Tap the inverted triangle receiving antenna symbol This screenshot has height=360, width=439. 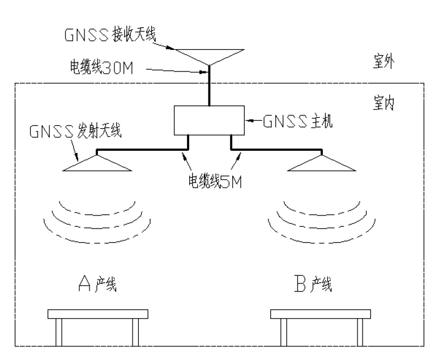[209, 56]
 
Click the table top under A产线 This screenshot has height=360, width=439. [98, 314]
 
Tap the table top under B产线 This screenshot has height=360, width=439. [320, 314]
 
